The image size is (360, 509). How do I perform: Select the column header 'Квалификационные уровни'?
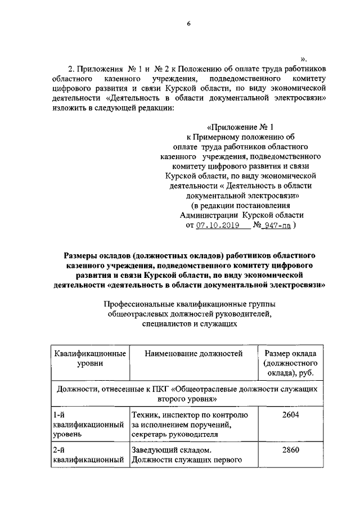89,359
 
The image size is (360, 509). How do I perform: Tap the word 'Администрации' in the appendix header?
209,215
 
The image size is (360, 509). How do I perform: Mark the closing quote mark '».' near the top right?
304,58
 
